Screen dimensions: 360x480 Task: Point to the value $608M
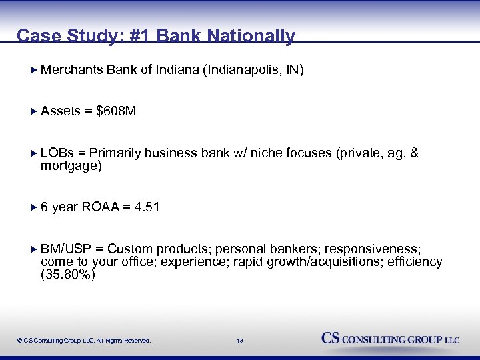[116, 111]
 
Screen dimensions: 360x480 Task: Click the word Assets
[61, 111]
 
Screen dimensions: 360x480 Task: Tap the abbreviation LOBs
[57, 153]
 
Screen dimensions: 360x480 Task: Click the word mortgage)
[71, 166]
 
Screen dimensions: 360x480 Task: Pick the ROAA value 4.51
[147, 207]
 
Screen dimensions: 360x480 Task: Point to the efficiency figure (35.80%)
[68, 275]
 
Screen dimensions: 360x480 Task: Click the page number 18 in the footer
[240, 340]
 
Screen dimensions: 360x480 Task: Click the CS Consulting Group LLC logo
[391, 338]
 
